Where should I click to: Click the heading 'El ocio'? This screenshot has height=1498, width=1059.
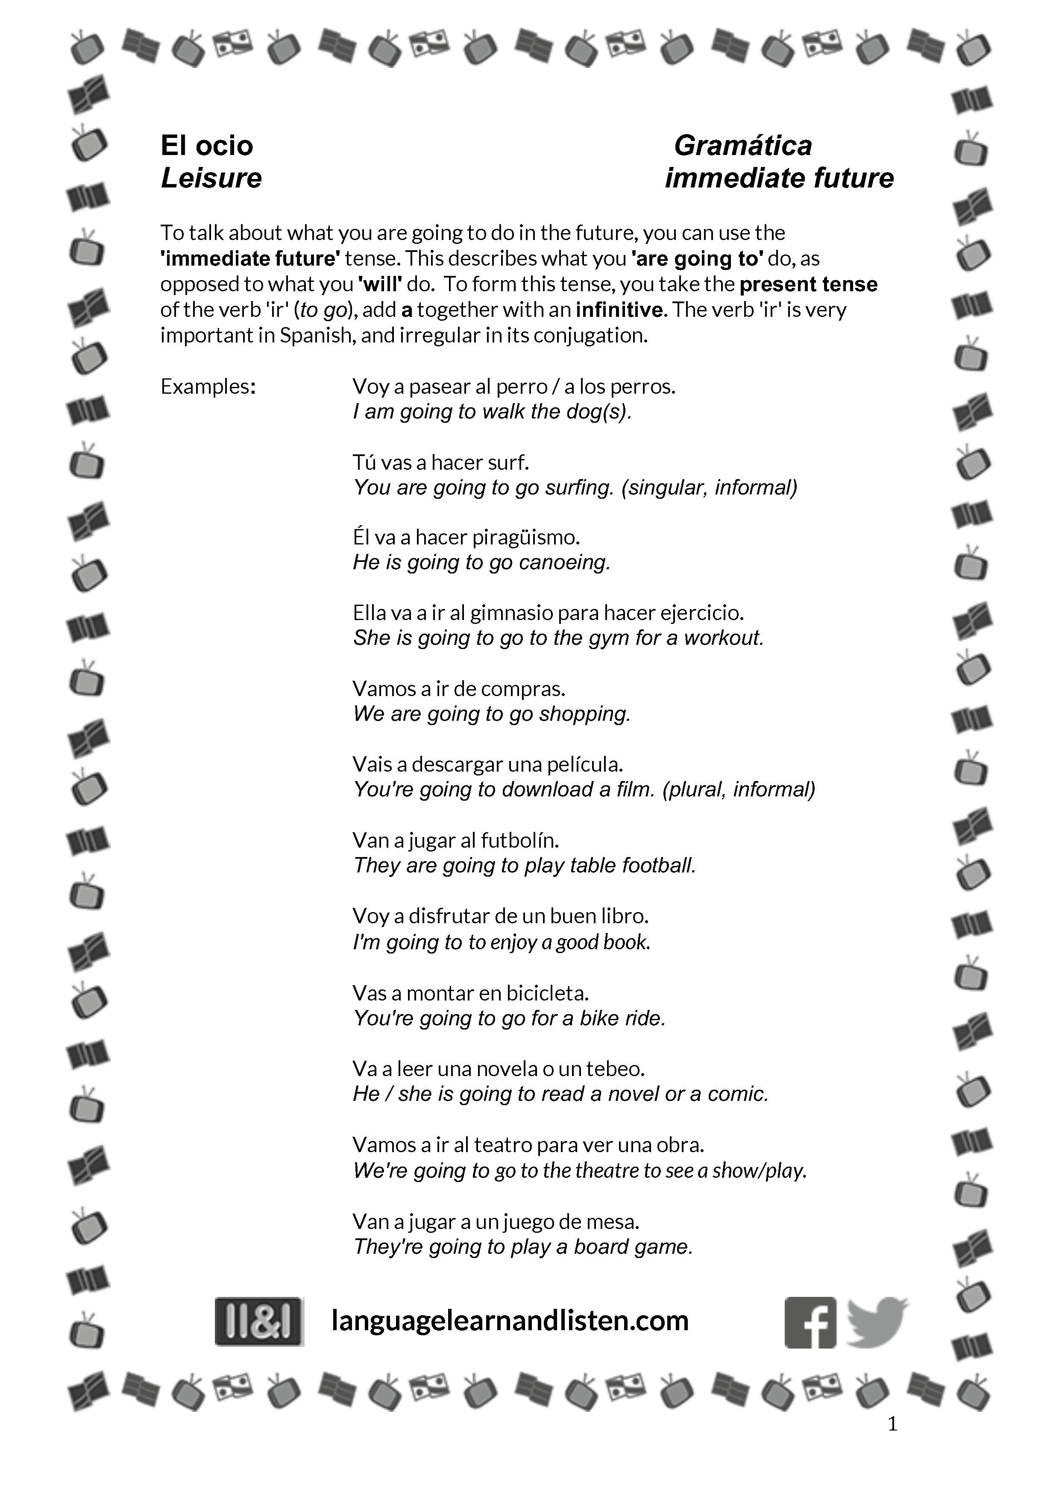click(206, 146)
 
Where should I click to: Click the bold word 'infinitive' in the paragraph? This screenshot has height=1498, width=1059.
click(619, 310)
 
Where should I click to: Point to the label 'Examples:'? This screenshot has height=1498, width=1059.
click(208, 386)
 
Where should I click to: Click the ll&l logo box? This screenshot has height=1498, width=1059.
click(259, 1321)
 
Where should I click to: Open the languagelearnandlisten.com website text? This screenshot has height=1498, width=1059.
click(510, 1320)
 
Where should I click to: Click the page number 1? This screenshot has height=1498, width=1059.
click(893, 1424)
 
